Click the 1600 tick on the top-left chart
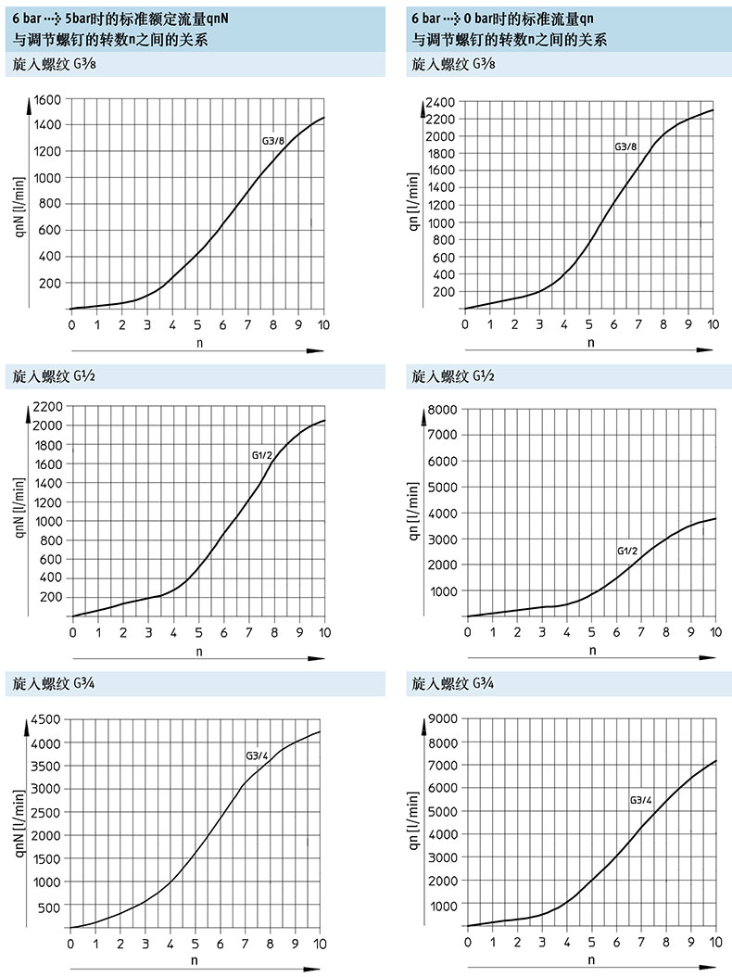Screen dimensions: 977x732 click(x=46, y=99)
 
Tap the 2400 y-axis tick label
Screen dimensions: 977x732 click(x=440, y=101)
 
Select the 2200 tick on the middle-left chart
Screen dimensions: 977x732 click(x=46, y=406)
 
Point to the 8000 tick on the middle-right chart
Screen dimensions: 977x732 click(x=441, y=409)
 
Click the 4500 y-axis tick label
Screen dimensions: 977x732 click(x=46, y=719)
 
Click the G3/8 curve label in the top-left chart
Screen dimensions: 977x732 click(x=273, y=141)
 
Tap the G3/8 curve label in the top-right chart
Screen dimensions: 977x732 click(x=626, y=147)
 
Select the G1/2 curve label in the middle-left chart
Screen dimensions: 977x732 click(x=262, y=455)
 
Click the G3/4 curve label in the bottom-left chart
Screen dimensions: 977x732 click(x=257, y=755)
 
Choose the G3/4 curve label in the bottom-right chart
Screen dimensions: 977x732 click(x=641, y=800)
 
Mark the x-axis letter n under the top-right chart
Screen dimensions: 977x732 click(x=591, y=341)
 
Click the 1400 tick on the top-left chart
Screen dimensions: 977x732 click(x=46, y=125)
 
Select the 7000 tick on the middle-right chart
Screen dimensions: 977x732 click(x=441, y=435)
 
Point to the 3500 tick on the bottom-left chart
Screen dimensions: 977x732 click(x=46, y=766)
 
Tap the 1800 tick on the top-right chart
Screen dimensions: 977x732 click(x=440, y=153)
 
